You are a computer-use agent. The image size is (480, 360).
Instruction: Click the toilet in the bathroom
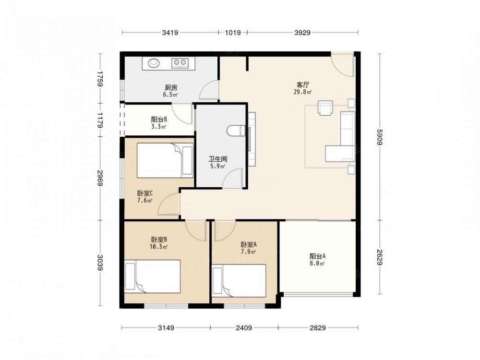pyautogui.click(x=236, y=131)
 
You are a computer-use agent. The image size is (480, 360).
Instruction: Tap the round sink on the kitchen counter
pyautogui.click(x=154, y=63)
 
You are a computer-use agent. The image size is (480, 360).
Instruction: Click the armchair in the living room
pyautogui.click(x=325, y=108)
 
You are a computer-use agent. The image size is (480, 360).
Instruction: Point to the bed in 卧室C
pyautogui.click(x=165, y=160)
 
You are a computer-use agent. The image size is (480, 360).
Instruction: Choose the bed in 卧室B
pyautogui.click(x=153, y=276)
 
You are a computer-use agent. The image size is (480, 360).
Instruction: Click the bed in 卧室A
pyautogui.click(x=239, y=281)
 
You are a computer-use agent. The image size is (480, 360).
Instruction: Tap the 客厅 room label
pyautogui.click(x=302, y=85)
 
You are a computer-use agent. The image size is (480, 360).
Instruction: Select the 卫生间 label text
pyautogui.click(x=217, y=159)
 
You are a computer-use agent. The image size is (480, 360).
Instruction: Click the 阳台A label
pyautogui.click(x=317, y=256)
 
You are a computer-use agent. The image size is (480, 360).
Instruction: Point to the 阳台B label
pyautogui.click(x=159, y=120)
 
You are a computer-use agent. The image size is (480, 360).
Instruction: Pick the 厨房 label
pyautogui.click(x=171, y=87)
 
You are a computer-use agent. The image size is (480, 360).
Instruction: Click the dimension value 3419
pyautogui.click(x=170, y=32)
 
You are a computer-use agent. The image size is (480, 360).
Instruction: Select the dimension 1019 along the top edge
pyautogui.click(x=233, y=32)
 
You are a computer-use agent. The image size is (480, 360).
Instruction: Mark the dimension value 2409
pyautogui.click(x=244, y=328)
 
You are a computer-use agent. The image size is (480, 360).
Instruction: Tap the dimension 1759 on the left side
pyautogui.click(x=100, y=79)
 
